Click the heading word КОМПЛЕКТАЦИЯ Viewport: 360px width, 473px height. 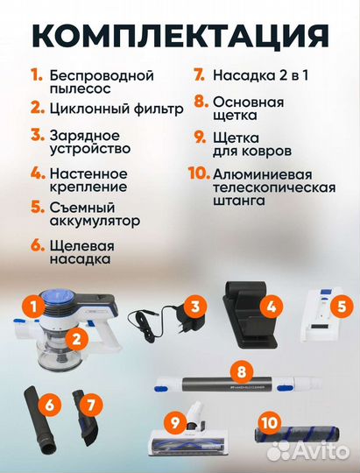click(x=180, y=32)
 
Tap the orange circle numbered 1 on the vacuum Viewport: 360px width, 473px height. click(x=32, y=307)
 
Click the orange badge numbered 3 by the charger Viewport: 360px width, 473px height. click(x=195, y=307)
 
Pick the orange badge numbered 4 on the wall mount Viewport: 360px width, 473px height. click(x=271, y=307)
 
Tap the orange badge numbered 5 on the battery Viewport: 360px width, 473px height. click(x=342, y=307)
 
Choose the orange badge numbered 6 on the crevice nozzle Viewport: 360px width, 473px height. click(x=51, y=404)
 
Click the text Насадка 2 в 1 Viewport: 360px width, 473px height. click(x=257, y=76)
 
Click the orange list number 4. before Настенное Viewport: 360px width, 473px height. click(x=35, y=173)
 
